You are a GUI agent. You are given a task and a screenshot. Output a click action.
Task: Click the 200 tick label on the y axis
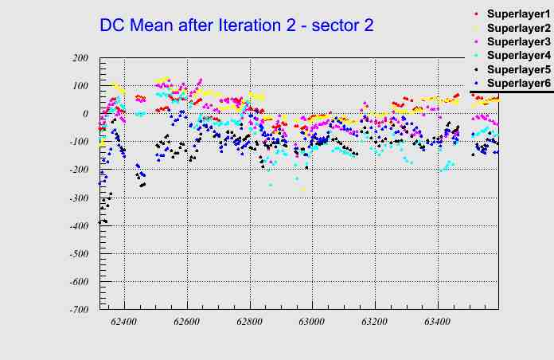(80, 58)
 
